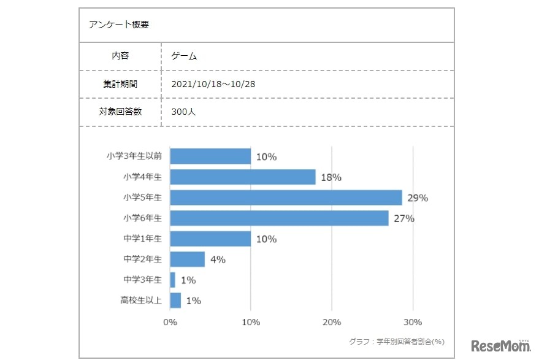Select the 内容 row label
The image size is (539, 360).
pos(120,56)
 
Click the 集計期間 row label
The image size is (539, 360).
pos(120,84)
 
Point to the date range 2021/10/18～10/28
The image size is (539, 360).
pos(213,84)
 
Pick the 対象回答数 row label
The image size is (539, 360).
pos(120,112)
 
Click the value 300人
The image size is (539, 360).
pos(184,112)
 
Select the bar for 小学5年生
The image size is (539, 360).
pos(286,197)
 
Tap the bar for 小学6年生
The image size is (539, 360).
pos(279,218)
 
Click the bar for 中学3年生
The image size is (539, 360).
pos(172,280)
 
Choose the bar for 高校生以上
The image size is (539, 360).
pos(175,301)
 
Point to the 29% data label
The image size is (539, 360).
pos(418,198)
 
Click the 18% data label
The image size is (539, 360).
pos(331,177)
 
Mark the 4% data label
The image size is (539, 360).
pos(218,259)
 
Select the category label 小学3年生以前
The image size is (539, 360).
pos(134,156)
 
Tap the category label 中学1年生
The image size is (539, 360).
pos(142,239)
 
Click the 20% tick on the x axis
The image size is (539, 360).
pos(332,322)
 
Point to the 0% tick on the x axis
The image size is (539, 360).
pos(170,322)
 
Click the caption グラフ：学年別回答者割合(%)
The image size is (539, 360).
pos(396,341)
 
